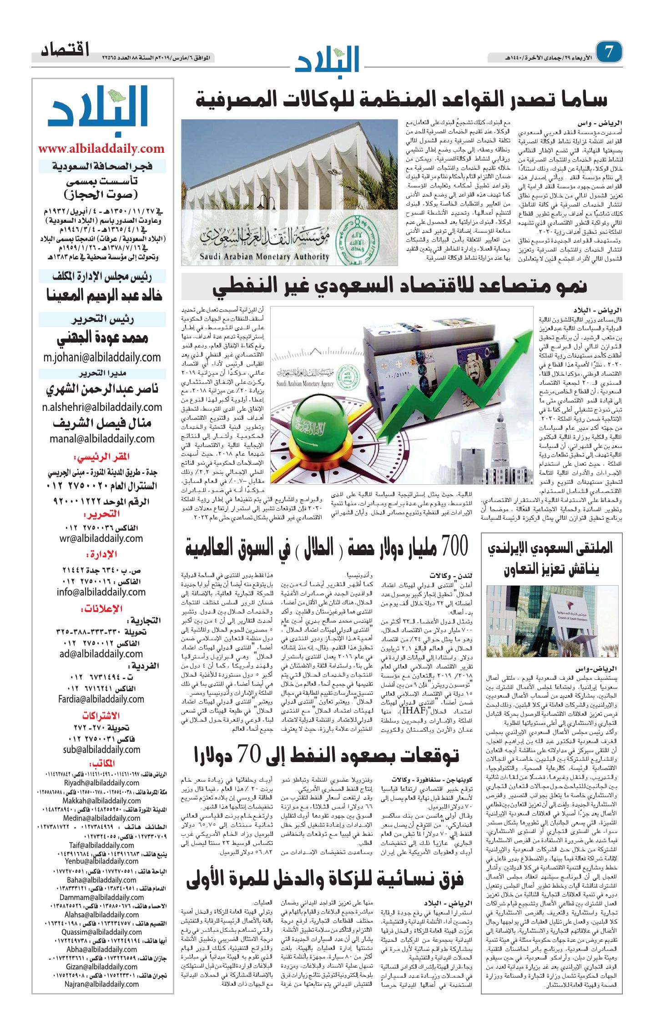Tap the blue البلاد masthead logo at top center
328,59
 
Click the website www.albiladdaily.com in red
101,149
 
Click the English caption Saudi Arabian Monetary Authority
264,256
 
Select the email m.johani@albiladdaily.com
102,357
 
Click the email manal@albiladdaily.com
102,439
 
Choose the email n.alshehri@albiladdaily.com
102,407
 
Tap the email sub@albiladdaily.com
101,749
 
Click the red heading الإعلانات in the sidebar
101,609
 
